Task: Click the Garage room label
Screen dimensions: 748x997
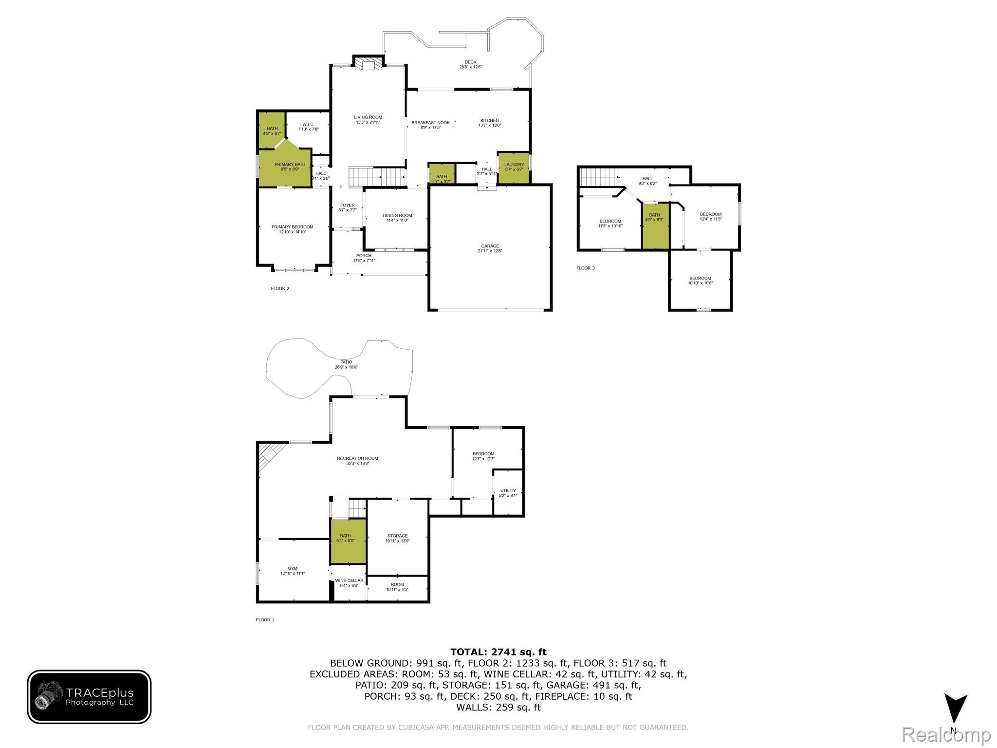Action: [490, 248]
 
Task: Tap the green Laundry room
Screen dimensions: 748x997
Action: [514, 168]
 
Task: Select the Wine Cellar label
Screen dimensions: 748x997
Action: [349, 583]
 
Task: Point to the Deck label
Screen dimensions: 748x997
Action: [470, 64]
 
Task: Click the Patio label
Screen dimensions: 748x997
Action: [346, 364]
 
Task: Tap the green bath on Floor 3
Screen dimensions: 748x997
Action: [655, 226]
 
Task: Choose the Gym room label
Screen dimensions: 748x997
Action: [292, 570]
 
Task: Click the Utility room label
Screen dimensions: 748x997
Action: [508, 493]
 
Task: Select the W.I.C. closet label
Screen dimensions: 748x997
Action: [308, 127]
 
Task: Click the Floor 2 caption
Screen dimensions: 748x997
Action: [280, 288]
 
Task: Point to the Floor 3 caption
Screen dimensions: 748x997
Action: [585, 268]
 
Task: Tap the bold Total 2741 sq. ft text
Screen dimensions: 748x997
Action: [498, 652]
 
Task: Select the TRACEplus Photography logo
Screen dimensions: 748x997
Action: [89, 696]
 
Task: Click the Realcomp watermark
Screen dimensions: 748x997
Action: [946, 735]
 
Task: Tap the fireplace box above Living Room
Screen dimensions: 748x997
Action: [368, 64]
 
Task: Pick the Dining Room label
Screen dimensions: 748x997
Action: [397, 218]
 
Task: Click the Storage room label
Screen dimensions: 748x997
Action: [397, 538]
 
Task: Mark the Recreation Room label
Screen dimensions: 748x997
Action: [357, 461]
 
